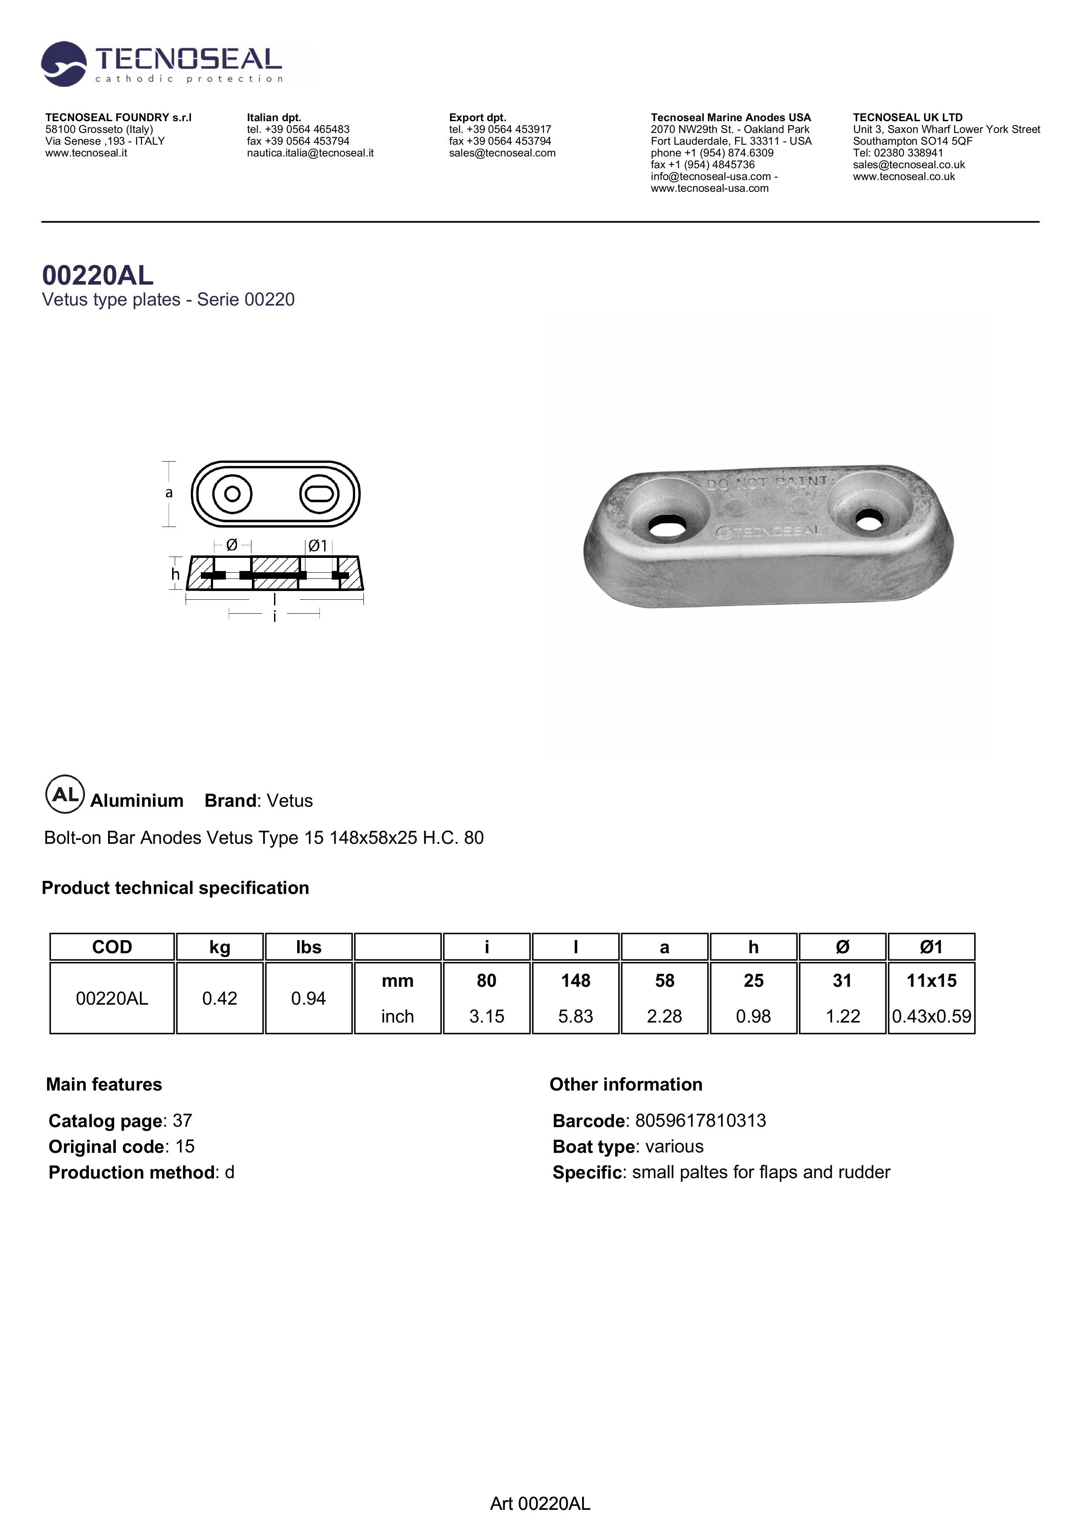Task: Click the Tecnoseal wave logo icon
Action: point(63,64)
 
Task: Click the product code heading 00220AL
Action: point(98,275)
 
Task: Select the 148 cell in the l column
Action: point(575,980)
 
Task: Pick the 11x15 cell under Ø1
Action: point(931,980)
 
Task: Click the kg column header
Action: point(220,947)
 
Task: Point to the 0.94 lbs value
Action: point(308,998)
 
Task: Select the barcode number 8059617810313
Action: point(700,1121)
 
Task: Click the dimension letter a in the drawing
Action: point(169,493)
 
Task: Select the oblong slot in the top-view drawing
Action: point(319,494)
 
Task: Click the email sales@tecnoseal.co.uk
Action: point(908,164)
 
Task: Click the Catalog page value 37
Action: point(183,1121)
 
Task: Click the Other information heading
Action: point(626,1084)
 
